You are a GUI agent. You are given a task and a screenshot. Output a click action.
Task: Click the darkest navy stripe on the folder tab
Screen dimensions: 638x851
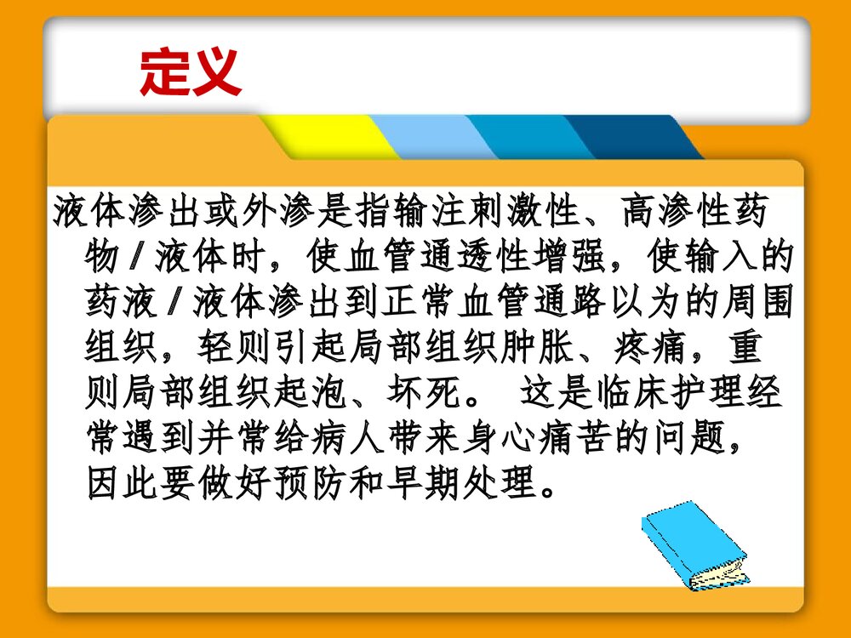click(x=634, y=136)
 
